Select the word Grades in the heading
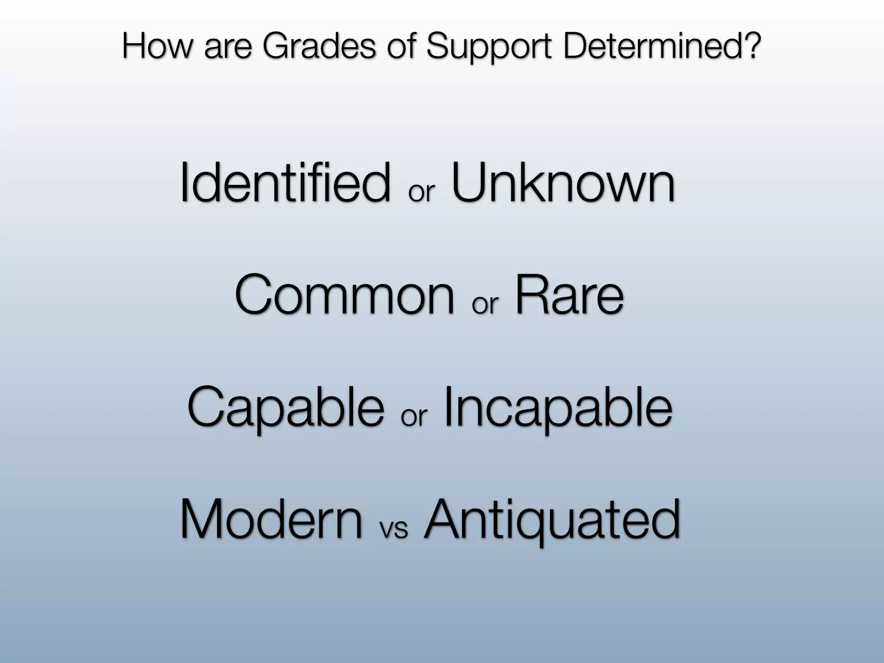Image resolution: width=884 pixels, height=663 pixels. pyautogui.click(x=319, y=47)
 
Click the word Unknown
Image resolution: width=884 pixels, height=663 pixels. pyautogui.click(x=563, y=183)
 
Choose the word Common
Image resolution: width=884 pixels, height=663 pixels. pyautogui.click(x=344, y=295)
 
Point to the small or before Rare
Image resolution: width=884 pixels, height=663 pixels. pyautogui.click(x=485, y=304)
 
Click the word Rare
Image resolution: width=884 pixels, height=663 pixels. pyautogui.click(x=569, y=295)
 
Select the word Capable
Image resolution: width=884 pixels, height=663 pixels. pyautogui.click(x=285, y=408)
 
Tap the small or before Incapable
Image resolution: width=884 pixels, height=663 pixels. pyautogui.click(x=414, y=417)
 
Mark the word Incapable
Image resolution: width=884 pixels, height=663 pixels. pyautogui.click(x=558, y=408)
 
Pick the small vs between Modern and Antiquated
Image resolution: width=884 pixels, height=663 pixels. pyautogui.click(x=393, y=528)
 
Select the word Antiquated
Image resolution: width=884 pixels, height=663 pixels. pyautogui.click(x=552, y=520)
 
